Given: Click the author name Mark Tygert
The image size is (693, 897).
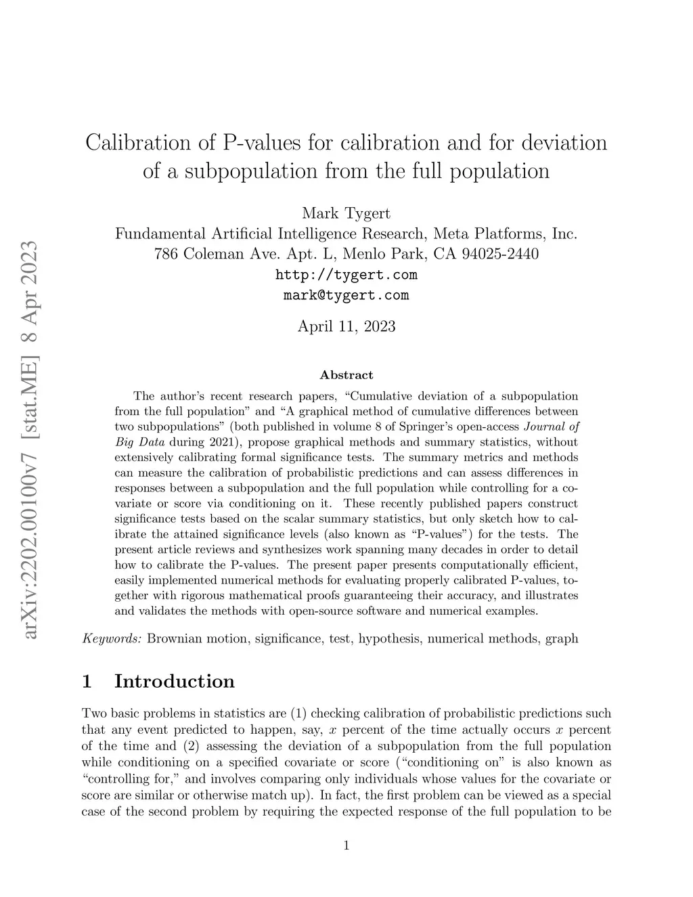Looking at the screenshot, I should click(346, 213).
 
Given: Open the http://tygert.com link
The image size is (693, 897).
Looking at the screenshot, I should click(346, 275).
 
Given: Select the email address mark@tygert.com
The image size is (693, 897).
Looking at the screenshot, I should click(346, 295).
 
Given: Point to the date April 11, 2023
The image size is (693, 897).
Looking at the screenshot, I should click(346, 326).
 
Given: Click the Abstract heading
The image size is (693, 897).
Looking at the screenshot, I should click(346, 375).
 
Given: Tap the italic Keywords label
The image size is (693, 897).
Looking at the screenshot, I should click(112, 638).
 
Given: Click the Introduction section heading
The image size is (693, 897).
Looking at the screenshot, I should click(175, 681).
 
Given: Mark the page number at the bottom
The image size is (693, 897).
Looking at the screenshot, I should click(346, 845).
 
